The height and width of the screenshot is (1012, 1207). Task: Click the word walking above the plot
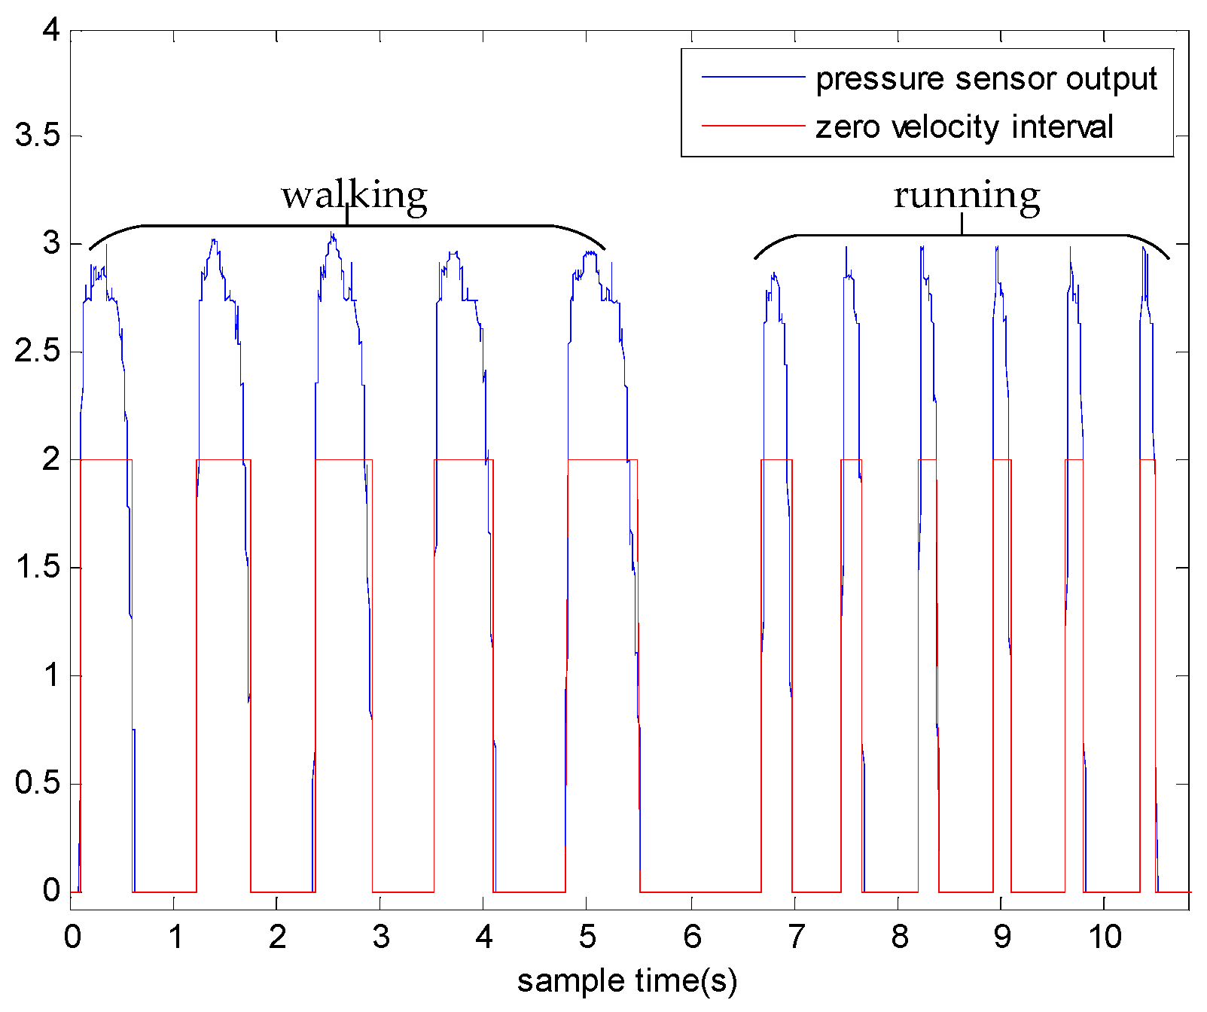[355, 195]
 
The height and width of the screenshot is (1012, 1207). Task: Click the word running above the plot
[967, 195]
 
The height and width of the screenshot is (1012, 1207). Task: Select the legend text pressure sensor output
[986, 78]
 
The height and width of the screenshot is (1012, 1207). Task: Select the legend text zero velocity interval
[965, 126]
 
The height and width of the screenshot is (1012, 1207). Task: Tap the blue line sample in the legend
[753, 77]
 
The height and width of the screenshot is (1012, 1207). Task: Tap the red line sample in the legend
[753, 125]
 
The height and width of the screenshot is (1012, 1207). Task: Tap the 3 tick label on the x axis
[381, 937]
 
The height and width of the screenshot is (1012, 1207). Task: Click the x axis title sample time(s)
[627, 980]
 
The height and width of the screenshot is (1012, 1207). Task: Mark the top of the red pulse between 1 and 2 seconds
[224, 459]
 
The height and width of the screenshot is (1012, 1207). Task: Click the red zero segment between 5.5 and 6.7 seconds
[700, 892]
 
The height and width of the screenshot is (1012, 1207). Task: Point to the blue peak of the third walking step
[332, 234]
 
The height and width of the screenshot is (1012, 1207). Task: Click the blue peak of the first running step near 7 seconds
[773, 275]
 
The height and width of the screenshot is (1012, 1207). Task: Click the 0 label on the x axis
[72, 937]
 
